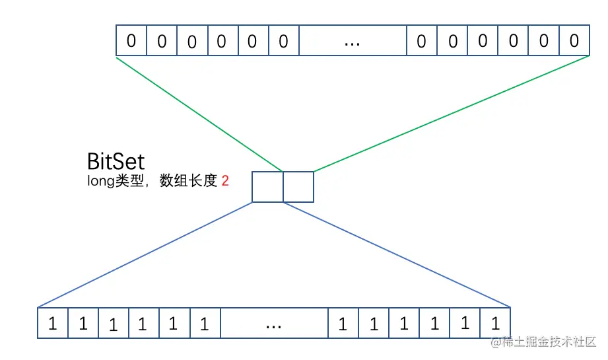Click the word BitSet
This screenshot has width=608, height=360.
[x=116, y=162]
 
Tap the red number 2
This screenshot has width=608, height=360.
[x=225, y=180]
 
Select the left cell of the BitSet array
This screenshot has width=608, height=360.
[x=267, y=186]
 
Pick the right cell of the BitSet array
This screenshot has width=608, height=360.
[x=298, y=186]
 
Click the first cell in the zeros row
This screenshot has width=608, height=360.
[x=131, y=41]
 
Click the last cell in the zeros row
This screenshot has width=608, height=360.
[x=574, y=41]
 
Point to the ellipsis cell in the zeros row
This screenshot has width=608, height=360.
[x=353, y=41]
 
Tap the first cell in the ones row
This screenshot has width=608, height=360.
[x=53, y=324]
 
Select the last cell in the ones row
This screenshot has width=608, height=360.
[x=495, y=324]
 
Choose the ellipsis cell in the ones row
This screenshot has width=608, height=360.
[x=274, y=324]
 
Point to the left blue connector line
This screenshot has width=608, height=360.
[x=145, y=255]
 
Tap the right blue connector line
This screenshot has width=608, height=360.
[x=396, y=255]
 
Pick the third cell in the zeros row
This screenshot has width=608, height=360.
[x=191, y=41]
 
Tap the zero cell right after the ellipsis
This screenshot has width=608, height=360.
[x=422, y=41]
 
